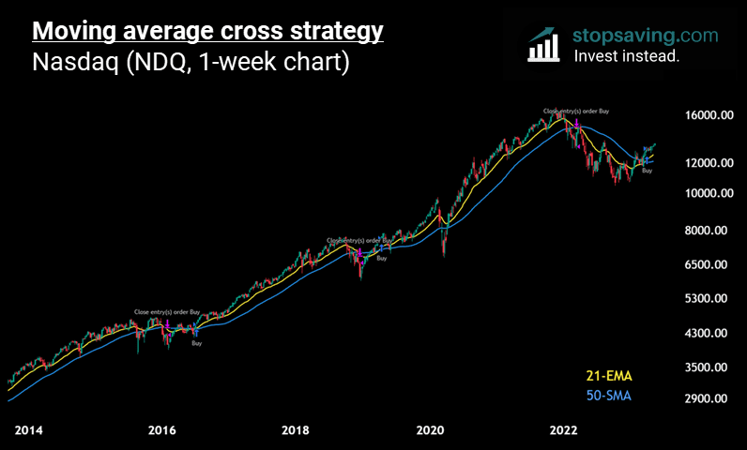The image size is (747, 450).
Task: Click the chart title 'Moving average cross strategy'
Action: pyautogui.click(x=207, y=31)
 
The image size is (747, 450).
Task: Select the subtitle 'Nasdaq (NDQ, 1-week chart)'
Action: pyautogui.click(x=191, y=64)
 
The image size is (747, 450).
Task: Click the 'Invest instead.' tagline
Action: pyautogui.click(x=627, y=56)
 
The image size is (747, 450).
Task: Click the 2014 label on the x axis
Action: pyautogui.click(x=29, y=430)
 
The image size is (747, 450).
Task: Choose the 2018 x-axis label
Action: pyautogui.click(x=296, y=430)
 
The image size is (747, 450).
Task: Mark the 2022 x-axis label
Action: pyautogui.click(x=563, y=430)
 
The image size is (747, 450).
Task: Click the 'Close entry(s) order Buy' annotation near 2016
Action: pyautogui.click(x=168, y=311)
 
